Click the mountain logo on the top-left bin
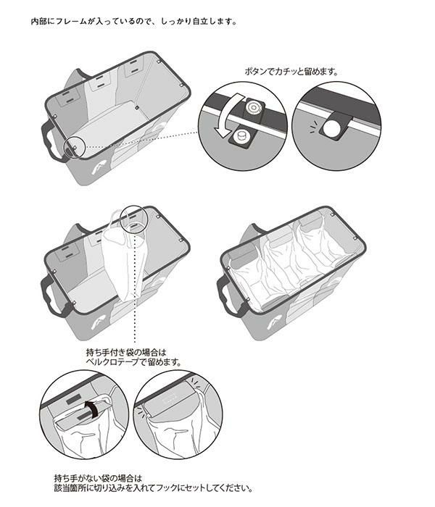97,169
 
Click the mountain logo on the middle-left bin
97,323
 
